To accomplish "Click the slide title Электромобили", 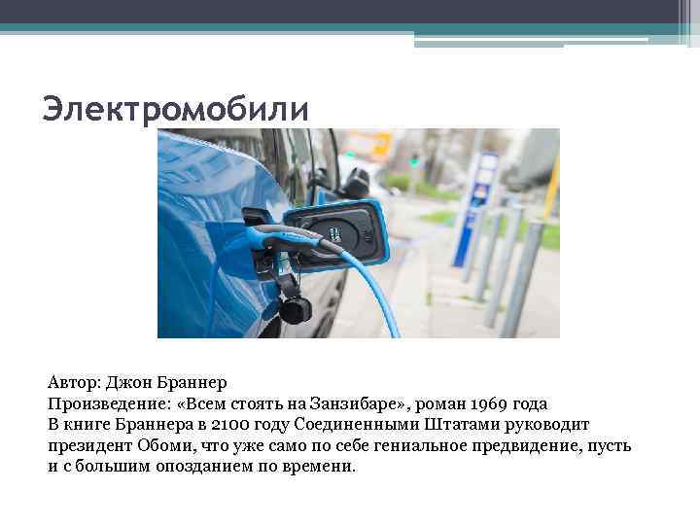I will pos(175,108).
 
